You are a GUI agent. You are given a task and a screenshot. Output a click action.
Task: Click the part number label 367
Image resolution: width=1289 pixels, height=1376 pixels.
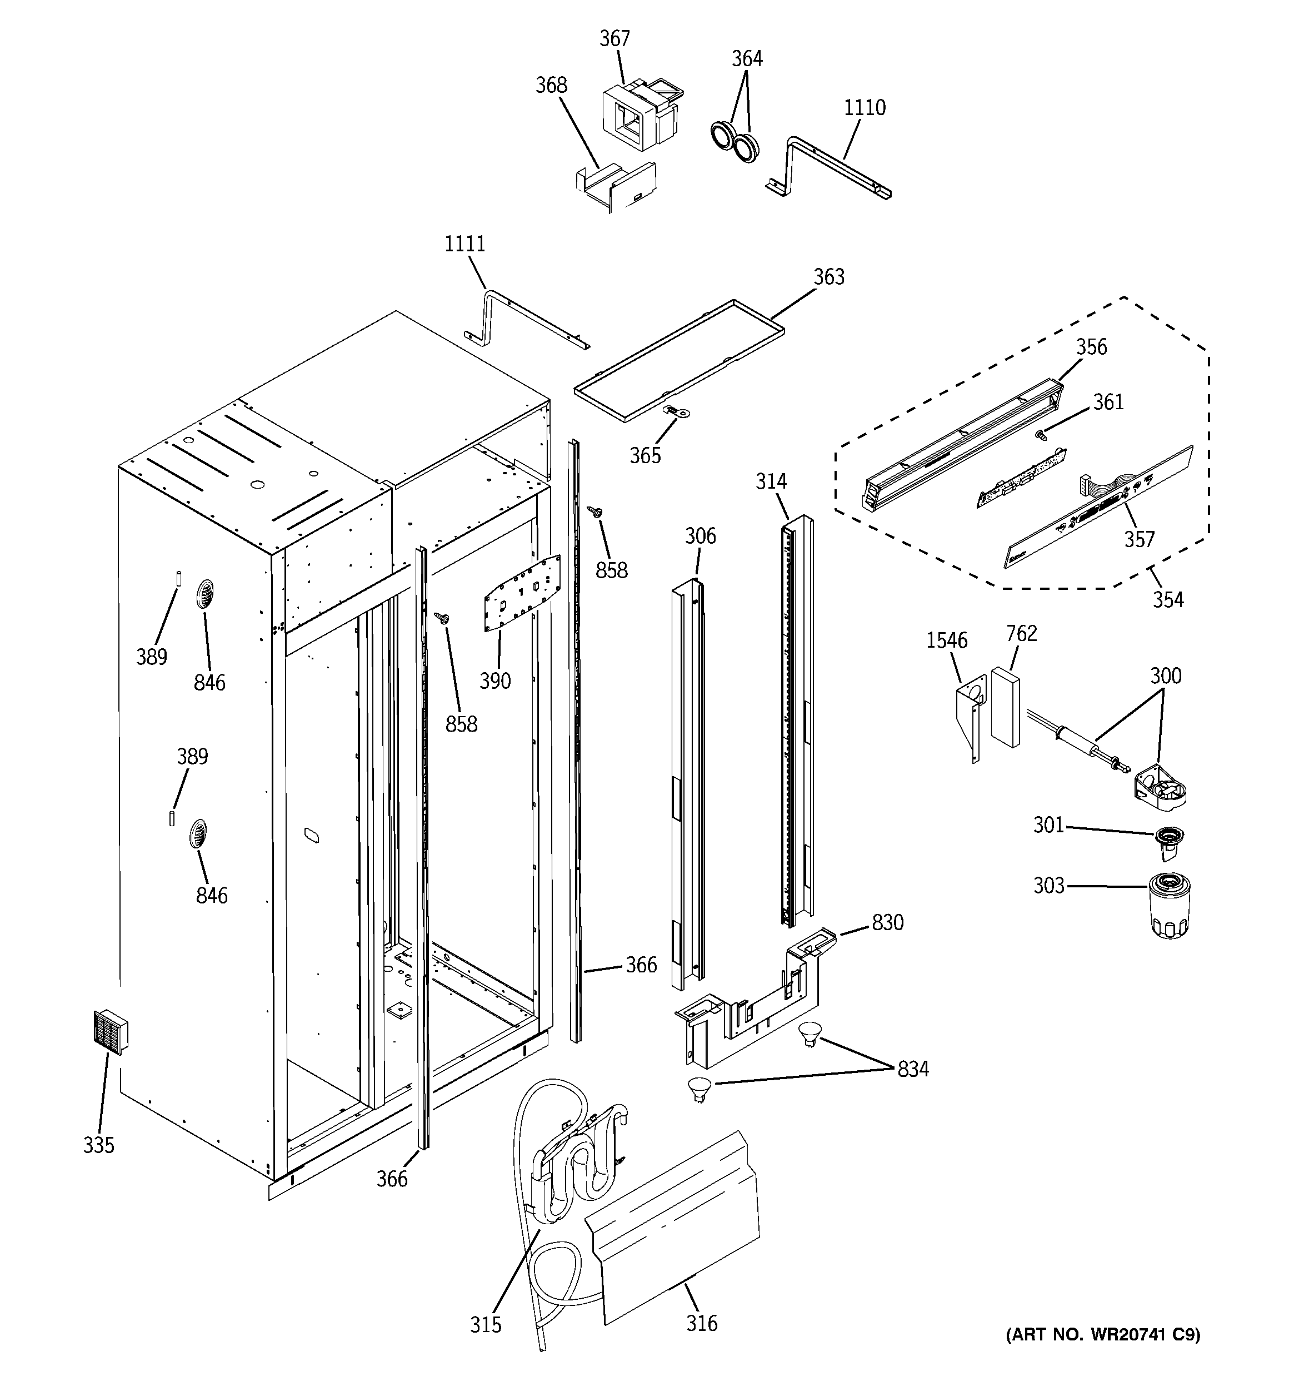click(614, 39)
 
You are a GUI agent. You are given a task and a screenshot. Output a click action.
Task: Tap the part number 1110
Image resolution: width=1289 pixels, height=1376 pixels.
click(864, 108)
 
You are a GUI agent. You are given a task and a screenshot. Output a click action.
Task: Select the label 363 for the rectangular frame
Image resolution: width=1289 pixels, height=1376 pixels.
click(828, 277)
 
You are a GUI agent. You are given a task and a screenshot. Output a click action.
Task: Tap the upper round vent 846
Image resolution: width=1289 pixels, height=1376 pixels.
click(206, 594)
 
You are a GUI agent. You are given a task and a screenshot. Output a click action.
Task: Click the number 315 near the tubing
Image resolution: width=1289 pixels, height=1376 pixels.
click(485, 1325)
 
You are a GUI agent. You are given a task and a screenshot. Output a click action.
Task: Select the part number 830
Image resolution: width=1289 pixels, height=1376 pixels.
click(887, 922)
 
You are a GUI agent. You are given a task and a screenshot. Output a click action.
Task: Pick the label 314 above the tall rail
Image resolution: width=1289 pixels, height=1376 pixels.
click(771, 481)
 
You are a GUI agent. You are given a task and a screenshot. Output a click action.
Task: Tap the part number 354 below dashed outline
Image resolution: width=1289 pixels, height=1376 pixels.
click(1167, 599)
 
